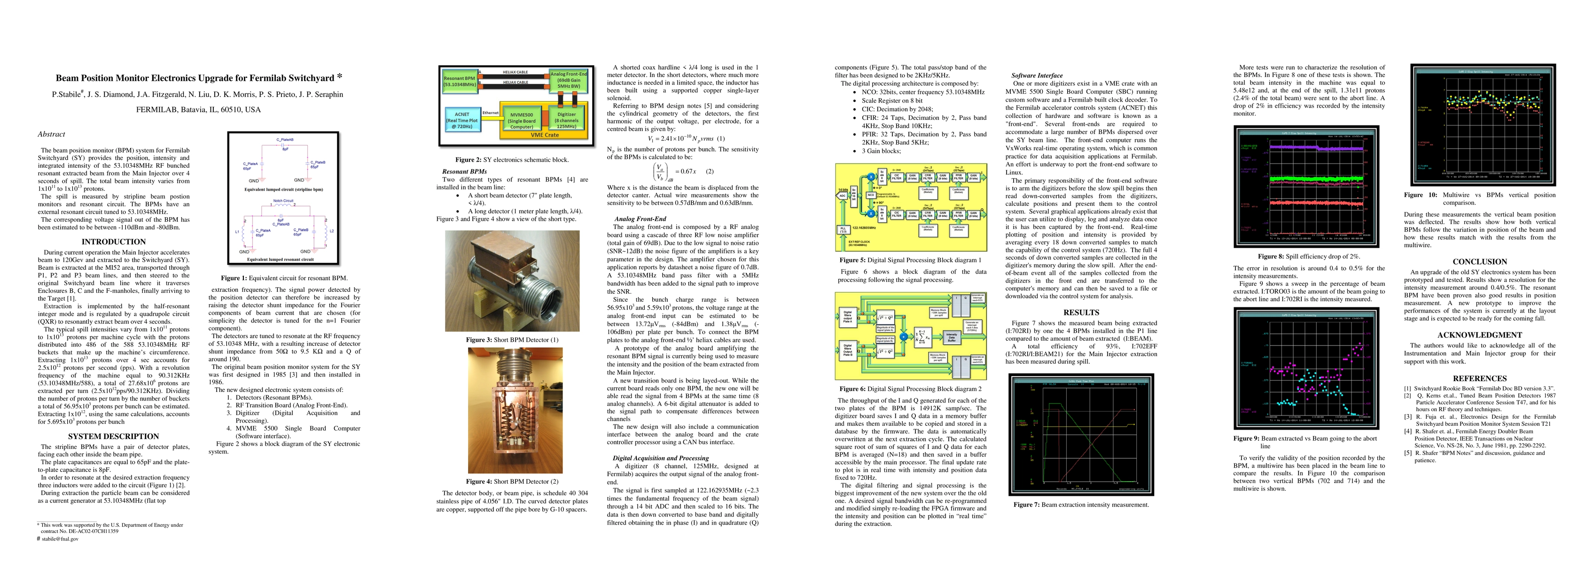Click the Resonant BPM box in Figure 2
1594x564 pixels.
460,81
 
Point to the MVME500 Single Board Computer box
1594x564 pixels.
522,121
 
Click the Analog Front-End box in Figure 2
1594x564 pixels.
568,80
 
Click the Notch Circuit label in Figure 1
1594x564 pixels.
283,201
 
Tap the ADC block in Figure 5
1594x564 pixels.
842,196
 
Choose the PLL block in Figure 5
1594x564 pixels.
843,229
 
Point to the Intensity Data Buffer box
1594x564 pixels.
951,337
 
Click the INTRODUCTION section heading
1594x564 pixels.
113,242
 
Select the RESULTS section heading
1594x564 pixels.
1081,313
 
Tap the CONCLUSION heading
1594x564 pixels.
1479,262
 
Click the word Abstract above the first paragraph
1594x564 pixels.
51,134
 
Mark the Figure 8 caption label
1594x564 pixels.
1271,256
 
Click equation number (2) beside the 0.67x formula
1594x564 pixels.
709,172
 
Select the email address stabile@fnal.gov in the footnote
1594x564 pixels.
60,539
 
